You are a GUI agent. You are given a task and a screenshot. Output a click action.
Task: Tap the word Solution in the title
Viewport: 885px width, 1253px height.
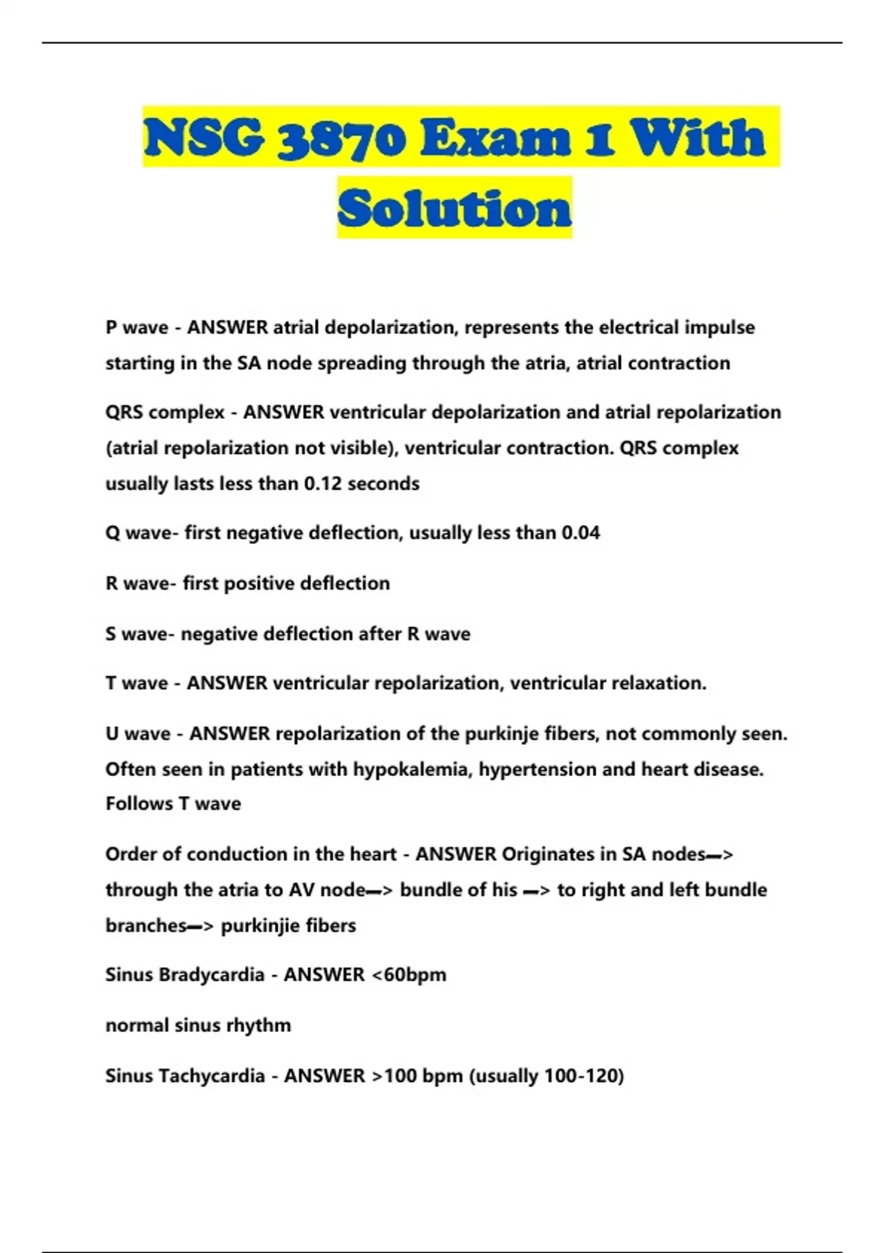(x=454, y=209)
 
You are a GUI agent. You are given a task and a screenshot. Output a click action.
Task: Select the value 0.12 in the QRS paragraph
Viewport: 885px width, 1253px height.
(x=323, y=484)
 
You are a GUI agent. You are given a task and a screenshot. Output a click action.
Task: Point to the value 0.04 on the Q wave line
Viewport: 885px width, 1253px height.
(x=580, y=533)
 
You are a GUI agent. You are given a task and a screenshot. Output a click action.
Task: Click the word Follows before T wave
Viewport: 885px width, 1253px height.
(x=139, y=803)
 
